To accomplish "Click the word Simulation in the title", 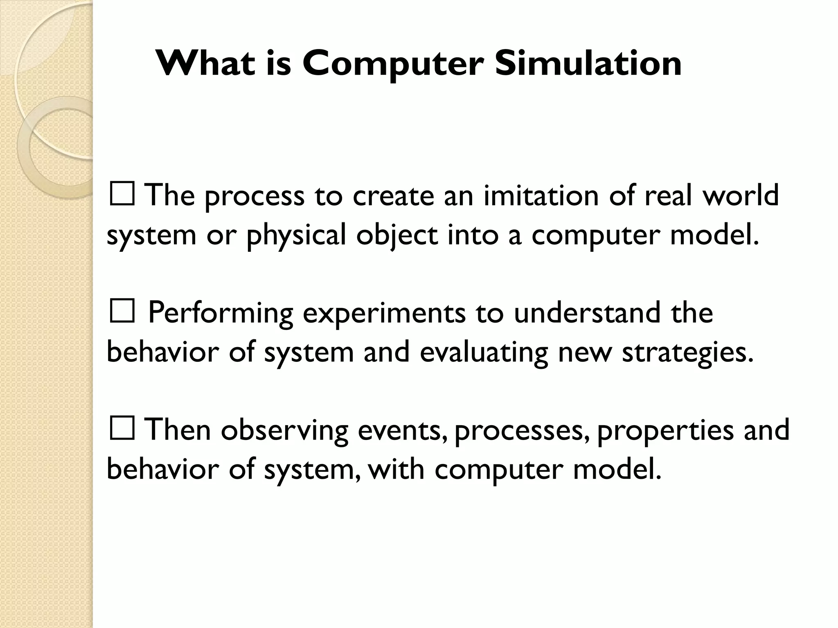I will pos(588,64).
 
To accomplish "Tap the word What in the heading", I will pos(205,64).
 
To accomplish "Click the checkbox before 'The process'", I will pos(122,195).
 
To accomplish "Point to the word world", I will pos(741,195).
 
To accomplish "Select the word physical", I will pos(296,236).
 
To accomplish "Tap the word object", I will pos(397,236).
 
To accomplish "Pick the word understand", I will pos(587,313).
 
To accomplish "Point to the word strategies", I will pos(687,353).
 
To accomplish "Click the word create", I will pos(393,195).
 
